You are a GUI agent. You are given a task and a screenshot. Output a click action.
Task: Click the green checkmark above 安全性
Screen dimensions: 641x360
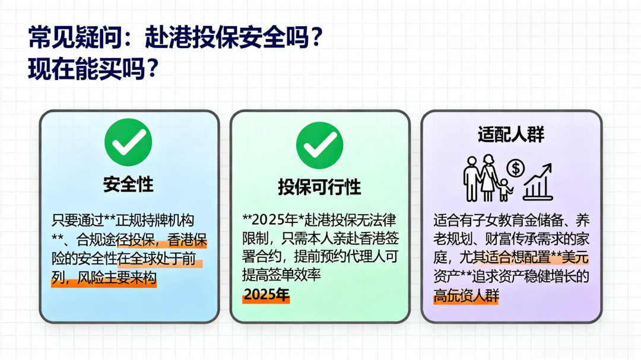tap(128, 142)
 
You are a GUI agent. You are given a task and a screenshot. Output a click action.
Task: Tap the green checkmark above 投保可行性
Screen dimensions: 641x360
tap(320, 145)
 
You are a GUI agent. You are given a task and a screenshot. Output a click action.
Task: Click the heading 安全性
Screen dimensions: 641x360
tap(128, 184)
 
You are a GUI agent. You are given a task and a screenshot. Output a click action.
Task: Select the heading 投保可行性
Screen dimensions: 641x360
tap(319, 187)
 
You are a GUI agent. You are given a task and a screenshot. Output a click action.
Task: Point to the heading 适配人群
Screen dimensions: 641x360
tap(511, 135)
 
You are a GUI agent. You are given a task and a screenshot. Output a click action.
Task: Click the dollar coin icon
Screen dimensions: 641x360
tap(516, 168)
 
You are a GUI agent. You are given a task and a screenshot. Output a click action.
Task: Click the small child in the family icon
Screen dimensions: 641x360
tap(505, 190)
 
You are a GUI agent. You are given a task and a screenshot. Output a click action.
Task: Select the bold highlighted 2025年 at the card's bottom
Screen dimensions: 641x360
tap(266, 294)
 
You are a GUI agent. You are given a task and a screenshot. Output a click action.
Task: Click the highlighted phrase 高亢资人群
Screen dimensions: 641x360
tap(466, 295)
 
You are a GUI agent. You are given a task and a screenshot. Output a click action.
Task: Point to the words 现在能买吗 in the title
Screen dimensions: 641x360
tap(87, 69)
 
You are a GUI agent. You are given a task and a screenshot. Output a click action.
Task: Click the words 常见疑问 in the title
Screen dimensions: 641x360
tap(75, 37)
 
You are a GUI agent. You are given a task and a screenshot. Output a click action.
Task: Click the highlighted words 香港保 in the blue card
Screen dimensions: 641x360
tap(187, 240)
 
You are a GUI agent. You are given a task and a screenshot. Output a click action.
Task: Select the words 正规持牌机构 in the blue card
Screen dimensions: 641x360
tap(155, 221)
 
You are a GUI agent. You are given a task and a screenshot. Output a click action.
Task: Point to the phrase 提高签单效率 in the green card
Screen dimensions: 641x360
tap(281, 275)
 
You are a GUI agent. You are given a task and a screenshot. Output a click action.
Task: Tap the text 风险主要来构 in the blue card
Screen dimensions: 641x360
tap(117, 278)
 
